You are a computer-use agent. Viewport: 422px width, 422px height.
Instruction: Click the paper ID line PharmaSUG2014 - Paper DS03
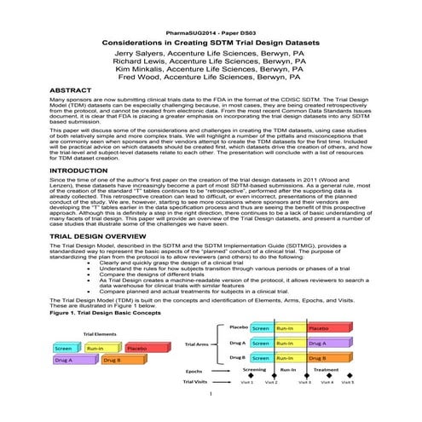(210, 31)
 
